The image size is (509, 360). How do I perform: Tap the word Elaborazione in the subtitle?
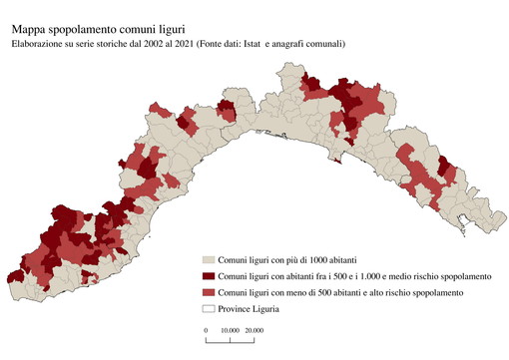tap(40, 44)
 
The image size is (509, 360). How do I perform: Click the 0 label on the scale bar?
tap(206, 329)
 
